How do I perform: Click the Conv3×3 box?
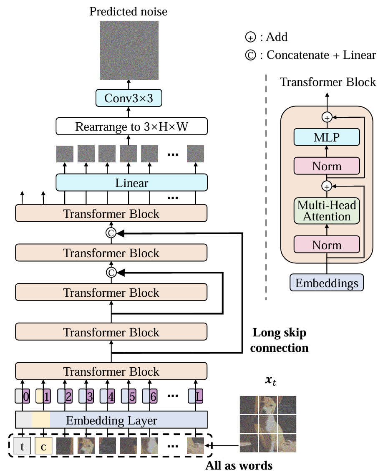click(x=129, y=98)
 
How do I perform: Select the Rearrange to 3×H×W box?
click(x=132, y=126)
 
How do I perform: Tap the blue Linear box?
click(x=132, y=182)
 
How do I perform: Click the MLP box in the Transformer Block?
click(x=327, y=137)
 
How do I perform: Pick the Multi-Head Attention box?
click(x=327, y=211)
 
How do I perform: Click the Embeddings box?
click(x=327, y=283)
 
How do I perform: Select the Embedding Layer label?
click(x=112, y=420)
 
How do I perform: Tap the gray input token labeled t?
click(x=22, y=446)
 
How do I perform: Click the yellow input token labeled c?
click(x=43, y=446)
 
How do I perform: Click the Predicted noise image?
click(x=129, y=50)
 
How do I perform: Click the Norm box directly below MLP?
click(x=327, y=166)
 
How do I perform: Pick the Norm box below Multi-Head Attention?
click(x=327, y=245)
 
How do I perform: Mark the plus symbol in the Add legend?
click(x=249, y=37)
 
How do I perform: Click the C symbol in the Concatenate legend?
click(x=249, y=55)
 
